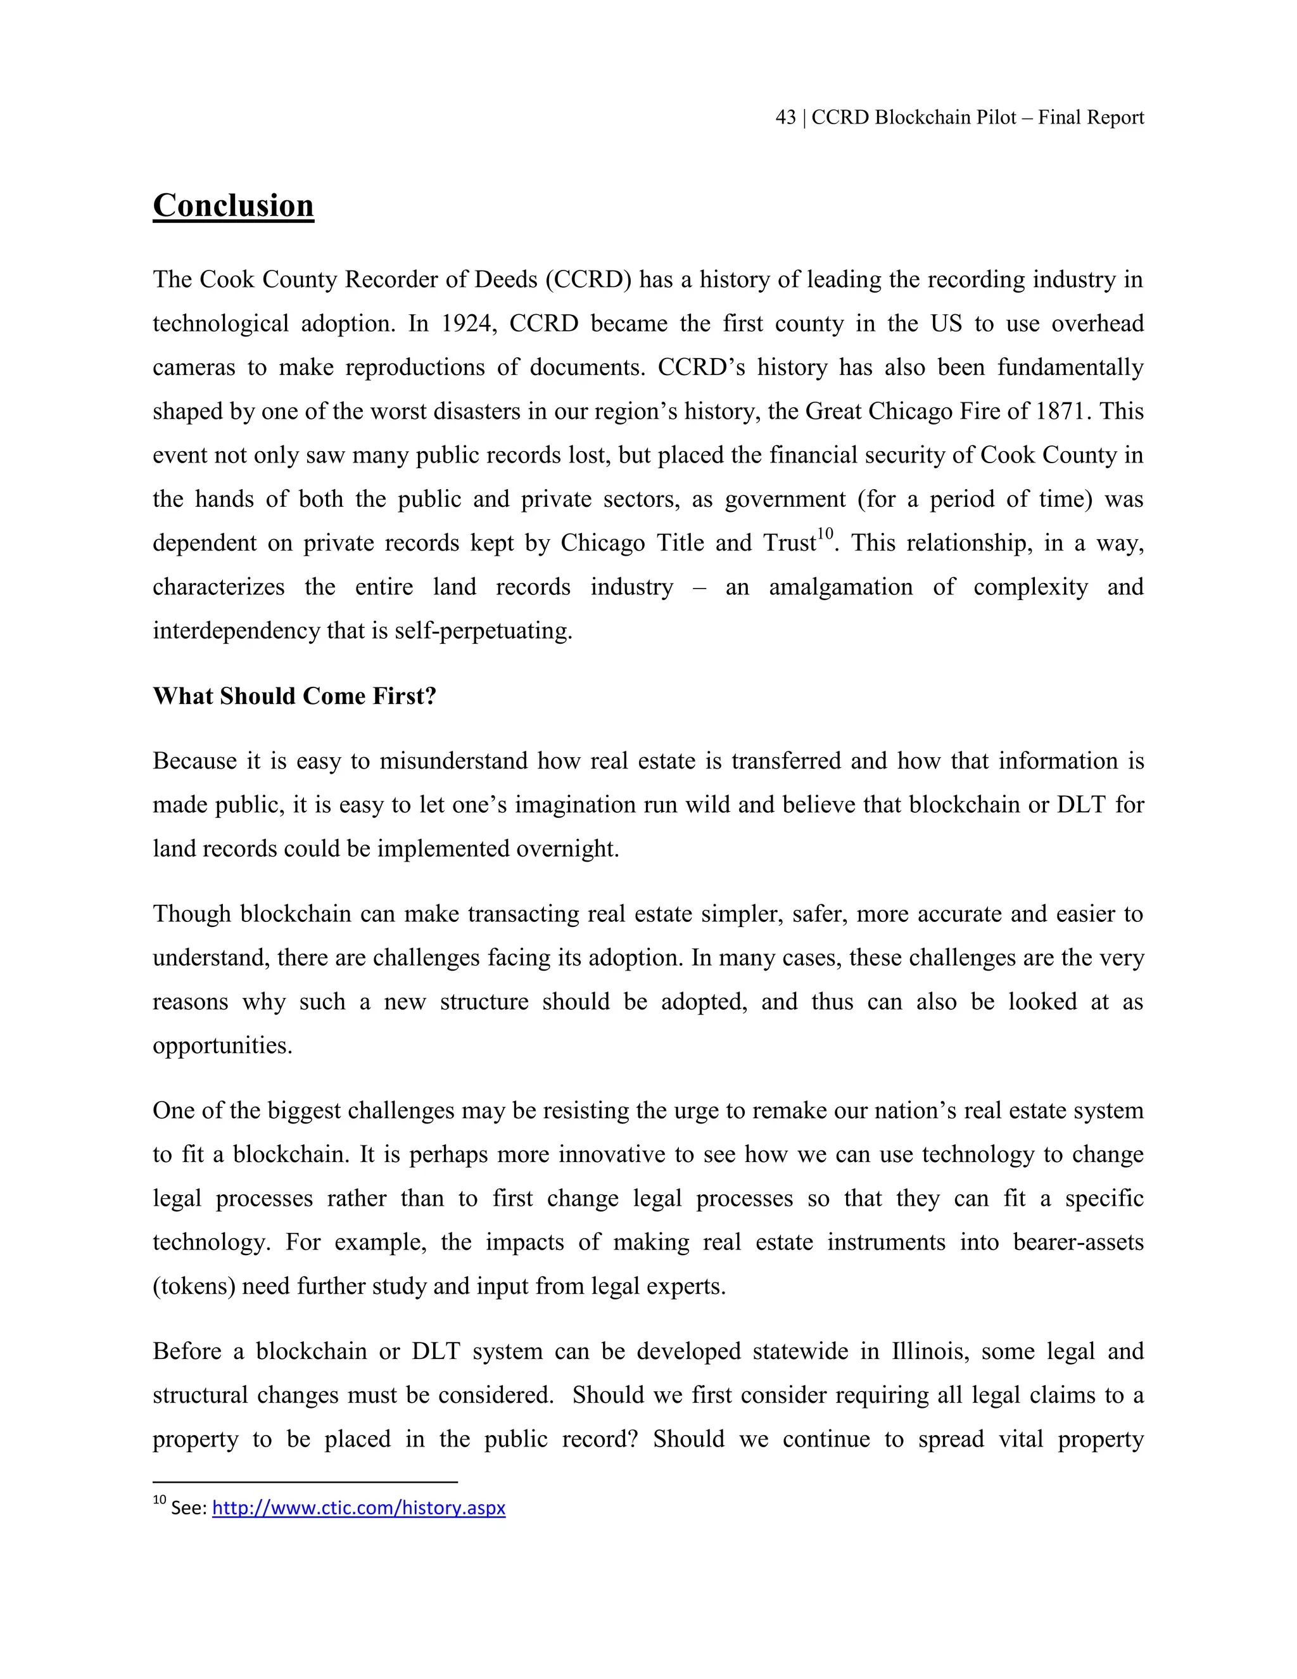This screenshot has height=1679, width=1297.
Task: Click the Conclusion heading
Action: coord(233,205)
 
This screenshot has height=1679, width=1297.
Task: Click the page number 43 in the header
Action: coord(785,118)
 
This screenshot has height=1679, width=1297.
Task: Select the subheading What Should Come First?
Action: coord(294,696)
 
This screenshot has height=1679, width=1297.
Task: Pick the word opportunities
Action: coord(222,1046)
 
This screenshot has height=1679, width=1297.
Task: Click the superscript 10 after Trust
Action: coord(825,534)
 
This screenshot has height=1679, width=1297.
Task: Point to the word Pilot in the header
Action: coord(997,118)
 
